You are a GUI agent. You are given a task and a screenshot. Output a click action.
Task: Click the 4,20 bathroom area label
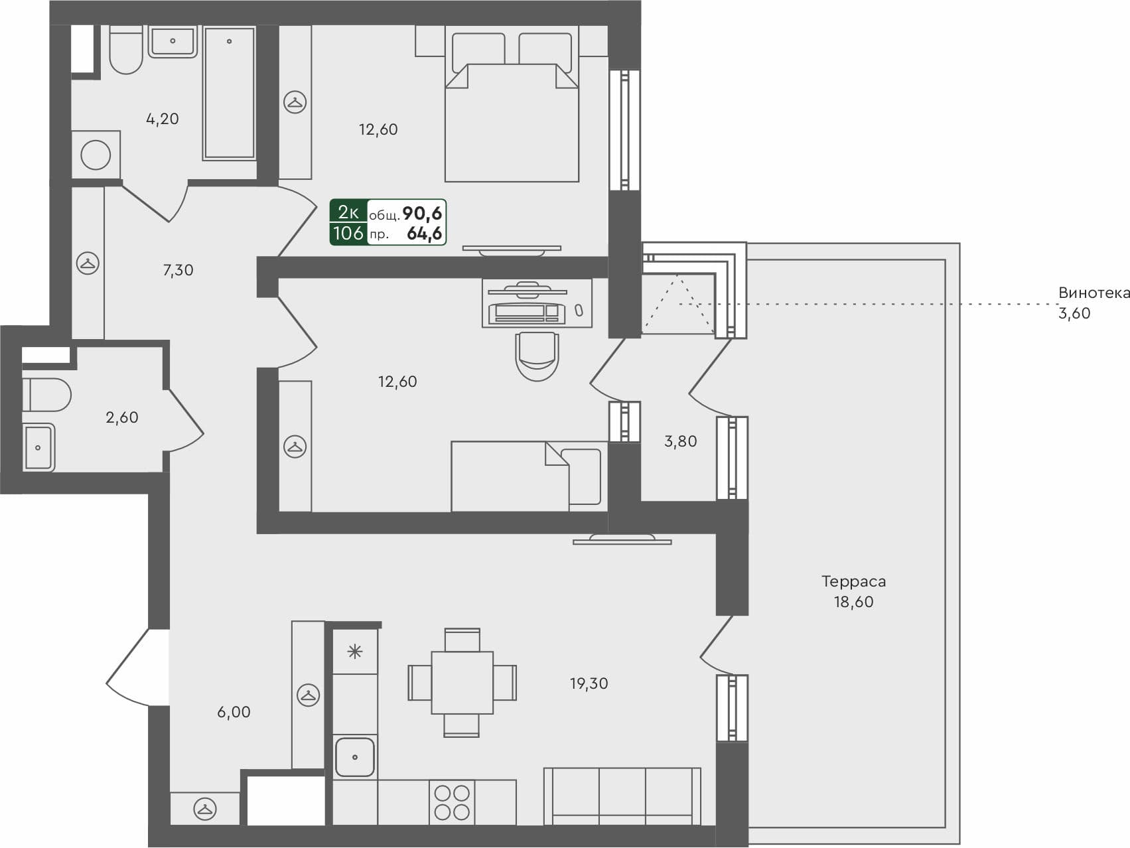coord(162,119)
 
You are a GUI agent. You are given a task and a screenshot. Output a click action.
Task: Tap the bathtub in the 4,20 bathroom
coord(229,93)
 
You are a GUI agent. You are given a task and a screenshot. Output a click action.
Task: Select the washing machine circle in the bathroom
coord(96,155)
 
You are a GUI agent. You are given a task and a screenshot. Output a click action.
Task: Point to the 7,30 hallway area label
coord(178,270)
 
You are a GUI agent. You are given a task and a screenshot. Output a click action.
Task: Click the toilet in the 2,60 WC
coord(46,395)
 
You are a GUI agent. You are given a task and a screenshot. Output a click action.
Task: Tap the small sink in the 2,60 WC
coord(38,447)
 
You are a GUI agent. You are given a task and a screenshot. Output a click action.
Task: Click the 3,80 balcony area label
coord(680,441)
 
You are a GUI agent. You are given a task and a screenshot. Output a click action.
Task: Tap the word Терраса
coord(853,581)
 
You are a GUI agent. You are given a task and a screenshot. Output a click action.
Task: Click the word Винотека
coord(1094,293)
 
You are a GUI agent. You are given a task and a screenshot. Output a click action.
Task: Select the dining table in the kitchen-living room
coord(462,682)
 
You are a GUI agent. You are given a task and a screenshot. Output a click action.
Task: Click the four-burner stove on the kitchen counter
coord(452,802)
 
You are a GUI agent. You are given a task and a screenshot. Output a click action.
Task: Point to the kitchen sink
coord(355,756)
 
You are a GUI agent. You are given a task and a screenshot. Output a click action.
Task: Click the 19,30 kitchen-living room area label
coord(589,683)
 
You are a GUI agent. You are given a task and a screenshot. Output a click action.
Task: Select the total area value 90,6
coord(422,213)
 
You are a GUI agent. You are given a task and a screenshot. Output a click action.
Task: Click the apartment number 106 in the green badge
coord(348,234)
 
